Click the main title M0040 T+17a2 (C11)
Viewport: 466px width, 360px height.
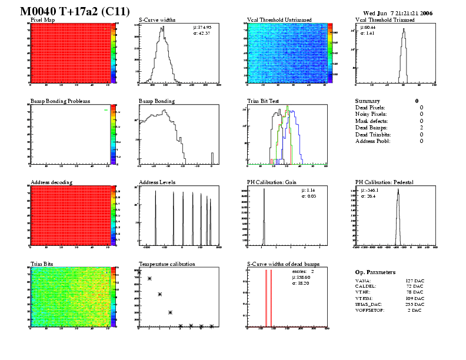(68, 11)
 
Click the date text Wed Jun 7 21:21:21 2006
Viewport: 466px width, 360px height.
(398, 12)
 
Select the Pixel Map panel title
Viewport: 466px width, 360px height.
(42, 19)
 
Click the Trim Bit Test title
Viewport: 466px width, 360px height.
(262, 101)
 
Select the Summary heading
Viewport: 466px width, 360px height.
(368, 101)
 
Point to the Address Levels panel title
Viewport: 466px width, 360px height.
(157, 182)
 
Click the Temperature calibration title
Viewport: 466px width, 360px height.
(167, 264)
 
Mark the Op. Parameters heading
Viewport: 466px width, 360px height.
(375, 272)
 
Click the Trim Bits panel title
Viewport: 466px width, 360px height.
(42, 264)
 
